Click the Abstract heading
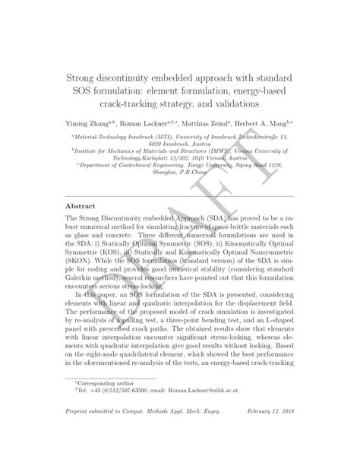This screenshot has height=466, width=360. tap(81, 206)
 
